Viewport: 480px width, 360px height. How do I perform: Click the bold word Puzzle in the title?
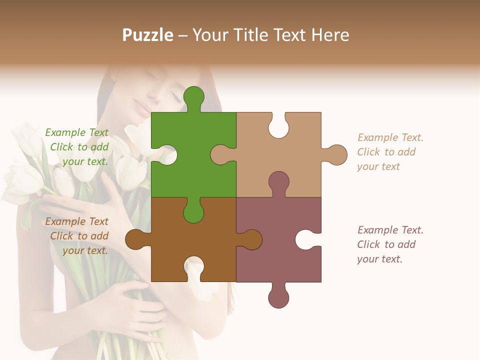pos(148,35)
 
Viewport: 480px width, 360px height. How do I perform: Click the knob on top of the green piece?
pos(193,97)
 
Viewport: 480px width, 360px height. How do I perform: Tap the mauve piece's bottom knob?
pos(278,296)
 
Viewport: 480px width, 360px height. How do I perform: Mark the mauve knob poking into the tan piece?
pos(278,182)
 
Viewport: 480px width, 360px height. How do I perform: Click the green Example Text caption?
pos(78,147)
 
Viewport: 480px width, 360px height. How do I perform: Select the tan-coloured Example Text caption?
pos(390,152)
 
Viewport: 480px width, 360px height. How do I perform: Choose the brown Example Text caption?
pos(78,236)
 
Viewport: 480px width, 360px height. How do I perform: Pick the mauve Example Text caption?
pos(390,244)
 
